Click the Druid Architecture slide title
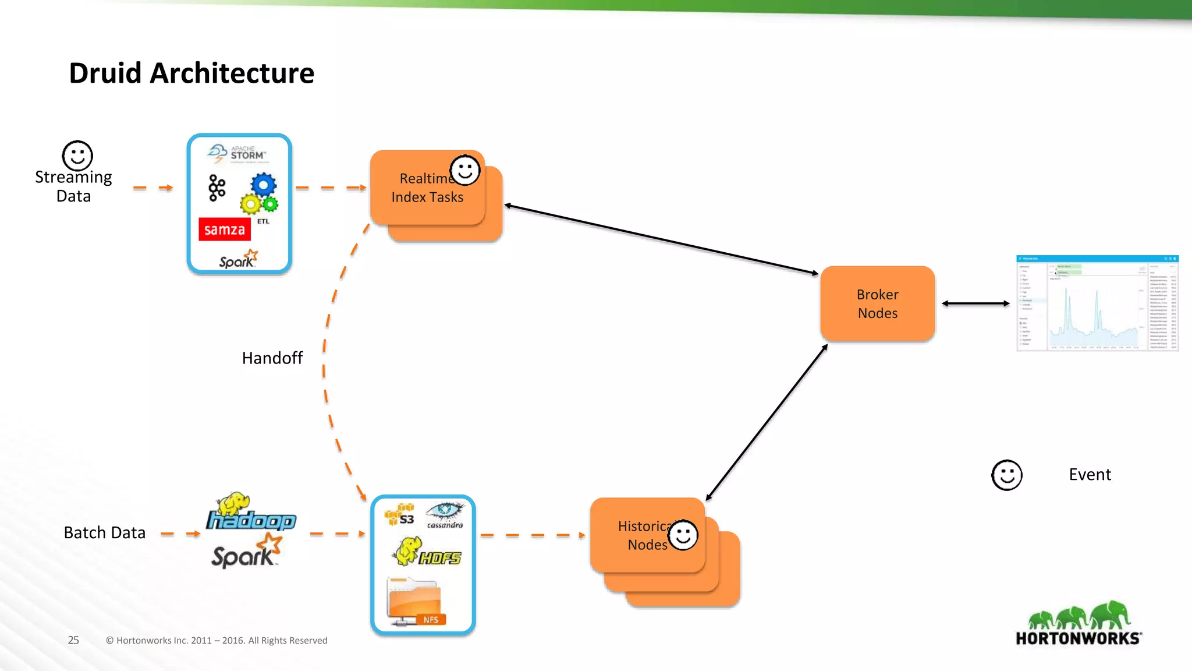pos(191,73)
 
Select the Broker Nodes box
pos(877,303)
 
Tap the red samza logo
pos(225,229)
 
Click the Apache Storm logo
pos(237,154)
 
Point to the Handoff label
pos(272,358)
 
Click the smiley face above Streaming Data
pos(77,156)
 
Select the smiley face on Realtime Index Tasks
pos(465,170)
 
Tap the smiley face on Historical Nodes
pos(683,535)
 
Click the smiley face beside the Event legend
pos(1006,475)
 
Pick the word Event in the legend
pos(1090,475)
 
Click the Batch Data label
pos(104,532)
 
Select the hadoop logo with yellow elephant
pos(250,513)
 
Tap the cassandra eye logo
pos(445,515)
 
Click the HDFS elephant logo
pos(427,552)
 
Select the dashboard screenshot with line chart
pos(1097,303)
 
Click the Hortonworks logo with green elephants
pos(1079,623)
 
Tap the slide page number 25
pos(73,640)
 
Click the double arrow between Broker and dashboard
pos(975,303)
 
